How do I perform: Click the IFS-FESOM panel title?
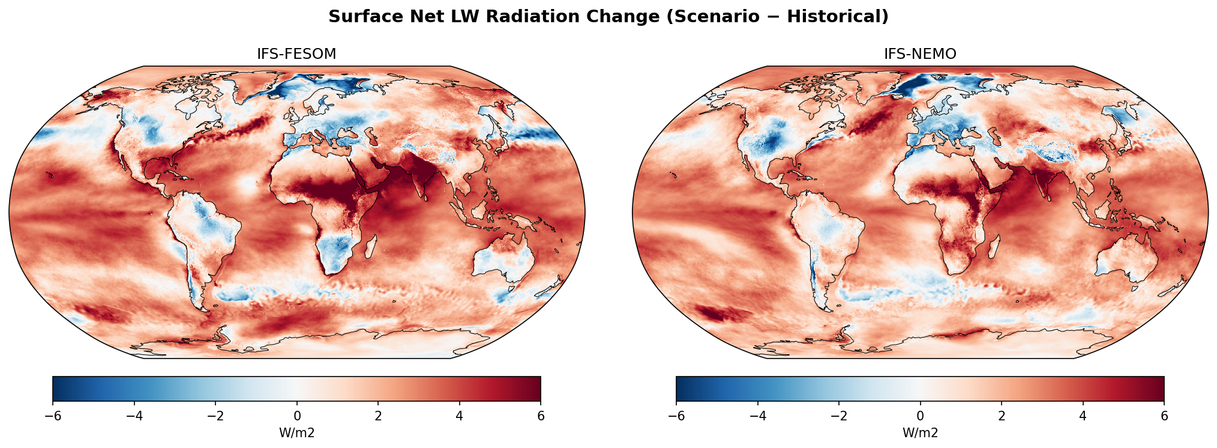click(x=296, y=54)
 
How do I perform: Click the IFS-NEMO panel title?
click(x=920, y=54)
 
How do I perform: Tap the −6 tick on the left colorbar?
click(x=53, y=416)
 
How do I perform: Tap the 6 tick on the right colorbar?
click(x=1164, y=416)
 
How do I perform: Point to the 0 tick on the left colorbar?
click(x=297, y=416)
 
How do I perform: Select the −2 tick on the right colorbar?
click(x=839, y=416)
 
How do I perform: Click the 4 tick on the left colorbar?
click(x=460, y=416)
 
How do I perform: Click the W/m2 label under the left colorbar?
click(x=296, y=433)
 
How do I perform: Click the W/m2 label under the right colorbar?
click(x=920, y=433)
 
